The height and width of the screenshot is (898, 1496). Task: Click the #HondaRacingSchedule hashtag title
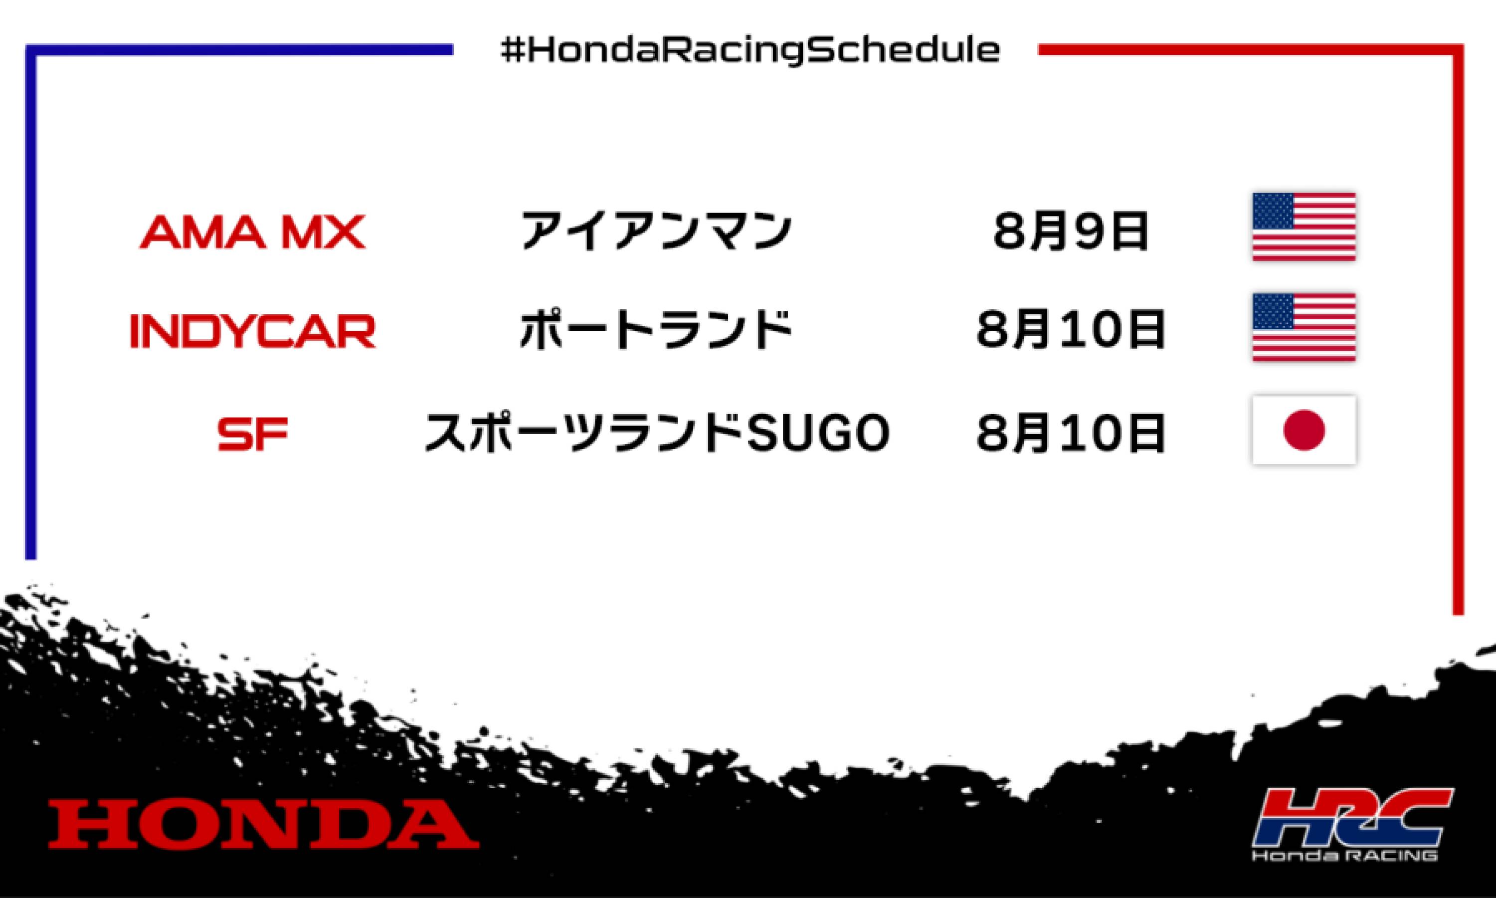coord(750,51)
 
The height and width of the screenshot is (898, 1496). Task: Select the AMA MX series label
coord(252,232)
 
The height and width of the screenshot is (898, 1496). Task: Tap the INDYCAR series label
coord(253,331)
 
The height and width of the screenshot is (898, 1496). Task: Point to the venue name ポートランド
coord(656,330)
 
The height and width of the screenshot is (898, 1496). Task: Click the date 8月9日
coord(1070,232)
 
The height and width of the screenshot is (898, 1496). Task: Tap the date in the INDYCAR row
coord(1070,331)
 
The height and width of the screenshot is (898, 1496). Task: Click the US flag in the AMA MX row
coord(1304,227)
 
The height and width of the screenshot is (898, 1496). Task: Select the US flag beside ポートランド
coord(1304,327)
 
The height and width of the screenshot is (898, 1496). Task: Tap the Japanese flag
coord(1304,430)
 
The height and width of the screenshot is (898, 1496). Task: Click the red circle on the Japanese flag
coord(1304,430)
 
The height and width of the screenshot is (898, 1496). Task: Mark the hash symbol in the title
coord(512,51)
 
